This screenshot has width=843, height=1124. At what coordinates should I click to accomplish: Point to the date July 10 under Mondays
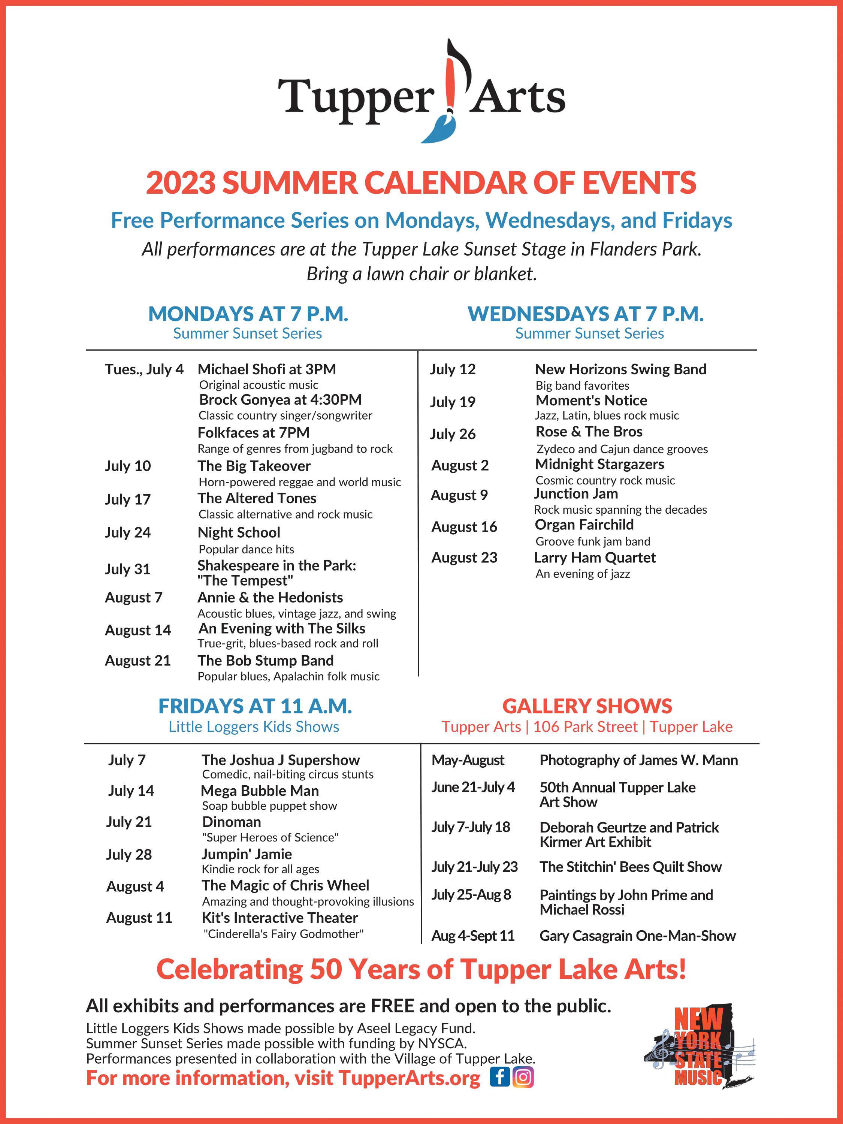pos(128,466)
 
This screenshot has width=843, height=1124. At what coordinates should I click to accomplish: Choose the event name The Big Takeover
pos(254,466)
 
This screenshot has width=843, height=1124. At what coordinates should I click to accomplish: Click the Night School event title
pos(238,532)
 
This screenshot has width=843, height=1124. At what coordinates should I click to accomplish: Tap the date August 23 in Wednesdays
pos(464,558)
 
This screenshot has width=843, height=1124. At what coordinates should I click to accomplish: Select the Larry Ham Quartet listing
pos(595,558)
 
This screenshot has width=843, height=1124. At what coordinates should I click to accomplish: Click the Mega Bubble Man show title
pos(260,791)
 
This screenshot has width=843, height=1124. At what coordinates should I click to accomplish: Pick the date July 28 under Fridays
pos(129,855)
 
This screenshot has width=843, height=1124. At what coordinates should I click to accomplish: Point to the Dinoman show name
pos(231,822)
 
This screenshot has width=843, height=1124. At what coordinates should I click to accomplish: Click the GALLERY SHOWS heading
pos(587,706)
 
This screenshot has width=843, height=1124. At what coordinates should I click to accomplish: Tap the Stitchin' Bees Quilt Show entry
pos(630,867)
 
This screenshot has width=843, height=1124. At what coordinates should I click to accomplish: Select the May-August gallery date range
pos(468,760)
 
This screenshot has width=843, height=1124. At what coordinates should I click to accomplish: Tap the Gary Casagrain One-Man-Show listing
pos(637,936)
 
